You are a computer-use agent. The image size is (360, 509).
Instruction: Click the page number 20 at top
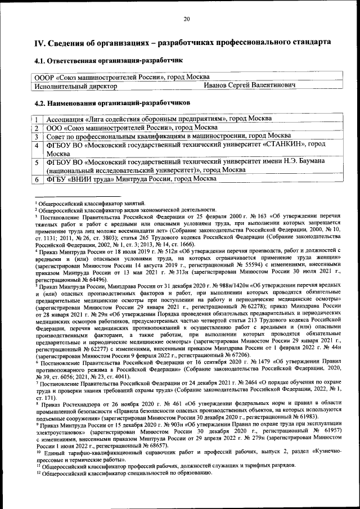[x=187, y=20]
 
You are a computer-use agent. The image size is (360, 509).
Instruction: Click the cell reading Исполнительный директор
[x=75, y=86]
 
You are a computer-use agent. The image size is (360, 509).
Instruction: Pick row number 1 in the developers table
[x=36, y=120]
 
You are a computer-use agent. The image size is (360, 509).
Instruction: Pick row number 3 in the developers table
[x=36, y=136]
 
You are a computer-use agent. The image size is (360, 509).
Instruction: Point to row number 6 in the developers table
[x=36, y=178]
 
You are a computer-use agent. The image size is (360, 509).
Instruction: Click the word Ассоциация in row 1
[x=65, y=120]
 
